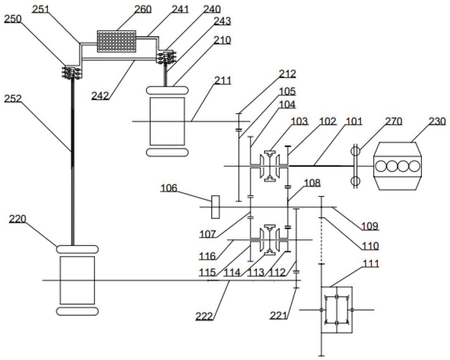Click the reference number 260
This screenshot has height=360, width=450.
pos(143,9)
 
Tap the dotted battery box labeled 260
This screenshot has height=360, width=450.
pos(117,41)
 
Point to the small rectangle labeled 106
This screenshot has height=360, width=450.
pos(215,207)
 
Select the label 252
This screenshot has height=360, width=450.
pos(13,99)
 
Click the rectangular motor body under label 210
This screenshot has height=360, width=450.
pos(167,121)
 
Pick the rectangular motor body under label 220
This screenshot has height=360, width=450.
pos(77,280)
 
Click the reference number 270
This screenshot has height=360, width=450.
pos(393,121)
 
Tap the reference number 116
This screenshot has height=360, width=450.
pos(207,256)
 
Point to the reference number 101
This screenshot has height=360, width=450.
pos(354,121)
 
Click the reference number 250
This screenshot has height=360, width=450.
pos(13,19)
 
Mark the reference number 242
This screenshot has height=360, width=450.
pos(100,95)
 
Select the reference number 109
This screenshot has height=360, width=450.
pos(369,226)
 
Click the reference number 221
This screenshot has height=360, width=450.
pos(279,315)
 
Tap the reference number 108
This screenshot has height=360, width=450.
pos(312,183)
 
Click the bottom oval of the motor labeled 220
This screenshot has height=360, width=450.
pos(77,311)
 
